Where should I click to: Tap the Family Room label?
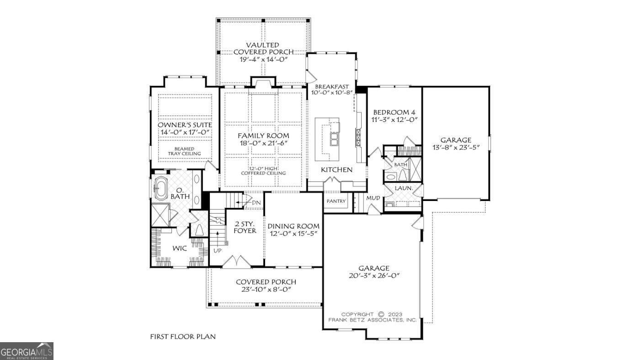pos(263,136)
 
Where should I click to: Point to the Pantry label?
pos(336,201)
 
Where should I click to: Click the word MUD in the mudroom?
pos(373,198)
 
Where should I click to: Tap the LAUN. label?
pos(404,188)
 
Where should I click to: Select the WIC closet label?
pos(179,249)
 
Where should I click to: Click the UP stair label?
pos(217,250)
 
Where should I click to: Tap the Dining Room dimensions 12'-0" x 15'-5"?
pos(293,233)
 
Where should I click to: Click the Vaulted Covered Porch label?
pos(262,48)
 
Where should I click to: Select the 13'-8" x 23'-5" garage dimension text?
pos(455,147)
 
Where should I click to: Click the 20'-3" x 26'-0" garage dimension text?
pos(373,275)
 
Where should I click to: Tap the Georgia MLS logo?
pos(27,351)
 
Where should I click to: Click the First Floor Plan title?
pos(183,337)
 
